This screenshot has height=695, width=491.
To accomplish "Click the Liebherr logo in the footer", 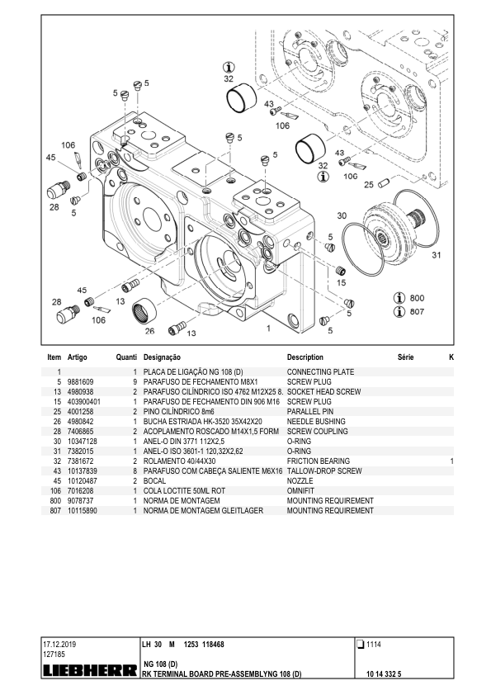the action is pyautogui.click(x=89, y=671).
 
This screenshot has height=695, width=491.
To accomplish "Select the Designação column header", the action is pyautogui.click(x=162, y=357).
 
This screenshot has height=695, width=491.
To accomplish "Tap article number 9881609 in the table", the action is pyautogui.click(x=80, y=382).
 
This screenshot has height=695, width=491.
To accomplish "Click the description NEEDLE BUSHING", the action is pyautogui.click(x=316, y=422).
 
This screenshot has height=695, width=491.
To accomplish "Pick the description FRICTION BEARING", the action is pyautogui.click(x=319, y=461).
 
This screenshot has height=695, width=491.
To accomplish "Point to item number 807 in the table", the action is pyautogui.click(x=55, y=511).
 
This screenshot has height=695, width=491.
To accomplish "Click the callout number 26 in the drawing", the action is pyautogui.click(x=150, y=331).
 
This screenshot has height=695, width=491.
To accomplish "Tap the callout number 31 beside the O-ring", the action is pyautogui.click(x=436, y=255).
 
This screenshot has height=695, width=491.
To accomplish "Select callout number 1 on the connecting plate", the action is pyautogui.click(x=268, y=329).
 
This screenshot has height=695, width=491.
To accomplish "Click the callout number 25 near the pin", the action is pyautogui.click(x=369, y=185).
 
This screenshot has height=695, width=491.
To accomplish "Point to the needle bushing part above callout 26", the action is pyautogui.click(x=144, y=311).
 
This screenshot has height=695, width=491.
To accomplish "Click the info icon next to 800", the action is pyautogui.click(x=399, y=298).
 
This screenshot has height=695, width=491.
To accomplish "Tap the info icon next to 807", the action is pyautogui.click(x=399, y=312).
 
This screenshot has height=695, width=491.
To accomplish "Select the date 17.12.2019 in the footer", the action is pyautogui.click(x=59, y=645).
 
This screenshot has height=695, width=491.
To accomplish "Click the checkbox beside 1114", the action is pyautogui.click(x=361, y=645).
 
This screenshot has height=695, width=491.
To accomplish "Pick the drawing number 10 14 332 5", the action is pyautogui.click(x=384, y=674).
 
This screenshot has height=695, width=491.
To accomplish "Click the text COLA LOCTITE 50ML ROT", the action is pyautogui.click(x=184, y=491).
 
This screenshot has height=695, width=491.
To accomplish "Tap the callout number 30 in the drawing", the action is pyautogui.click(x=342, y=216).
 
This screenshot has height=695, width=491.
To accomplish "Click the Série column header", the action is pyautogui.click(x=405, y=357).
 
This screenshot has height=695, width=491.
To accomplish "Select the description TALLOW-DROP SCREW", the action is pyautogui.click(x=324, y=471).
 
